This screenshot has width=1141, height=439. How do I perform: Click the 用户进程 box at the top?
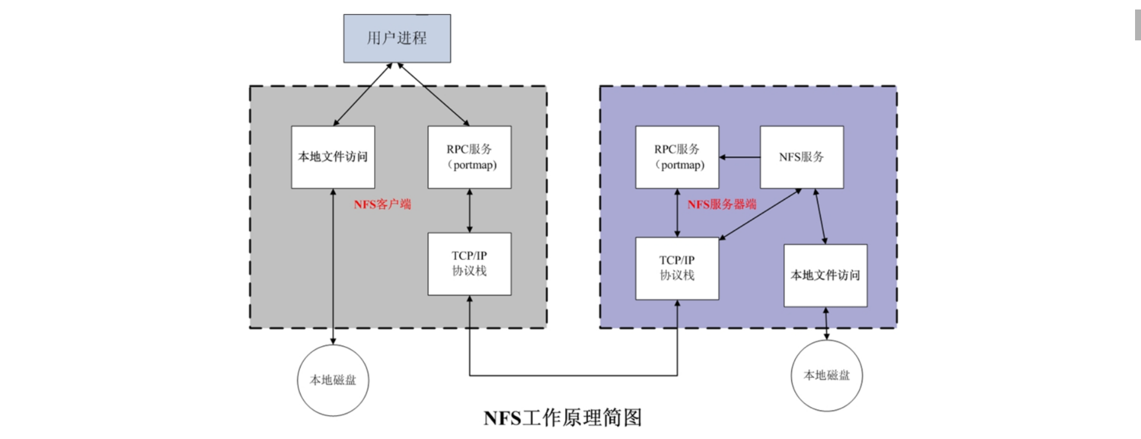tap(397, 39)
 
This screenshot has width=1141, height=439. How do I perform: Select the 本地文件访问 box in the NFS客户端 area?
tap(333, 157)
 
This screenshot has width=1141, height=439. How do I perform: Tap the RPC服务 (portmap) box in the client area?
tap(469, 157)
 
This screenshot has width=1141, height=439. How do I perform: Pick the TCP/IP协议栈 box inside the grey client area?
tap(469, 264)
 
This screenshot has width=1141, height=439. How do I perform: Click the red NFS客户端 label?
tap(382, 204)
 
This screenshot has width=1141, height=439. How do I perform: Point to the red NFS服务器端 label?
tap(721, 204)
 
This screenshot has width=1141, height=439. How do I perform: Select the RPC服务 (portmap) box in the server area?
tap(677, 157)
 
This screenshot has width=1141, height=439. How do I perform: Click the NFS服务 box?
tap(802, 157)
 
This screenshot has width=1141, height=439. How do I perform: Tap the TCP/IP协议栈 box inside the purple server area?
tap(677, 269)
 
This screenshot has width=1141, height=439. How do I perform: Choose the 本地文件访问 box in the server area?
tap(825, 275)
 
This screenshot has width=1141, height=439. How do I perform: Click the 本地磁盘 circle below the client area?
tap(333, 380)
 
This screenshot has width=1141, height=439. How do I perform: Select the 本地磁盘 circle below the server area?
tap(827, 375)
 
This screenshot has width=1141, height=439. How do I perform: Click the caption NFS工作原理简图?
tap(563, 418)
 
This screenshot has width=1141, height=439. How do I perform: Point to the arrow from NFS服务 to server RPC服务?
tap(740, 157)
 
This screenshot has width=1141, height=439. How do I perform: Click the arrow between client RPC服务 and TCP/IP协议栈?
tap(469, 211)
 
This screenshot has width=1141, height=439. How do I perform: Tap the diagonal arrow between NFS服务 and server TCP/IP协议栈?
tap(761, 214)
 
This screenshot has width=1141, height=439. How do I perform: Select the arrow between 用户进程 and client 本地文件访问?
tap(363, 94)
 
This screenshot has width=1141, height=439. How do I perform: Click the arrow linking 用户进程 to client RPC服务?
tap(434, 94)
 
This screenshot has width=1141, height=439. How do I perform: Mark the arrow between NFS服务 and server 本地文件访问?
tap(820, 216)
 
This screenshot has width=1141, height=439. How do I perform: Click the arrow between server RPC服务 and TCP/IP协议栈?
tap(677, 213)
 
